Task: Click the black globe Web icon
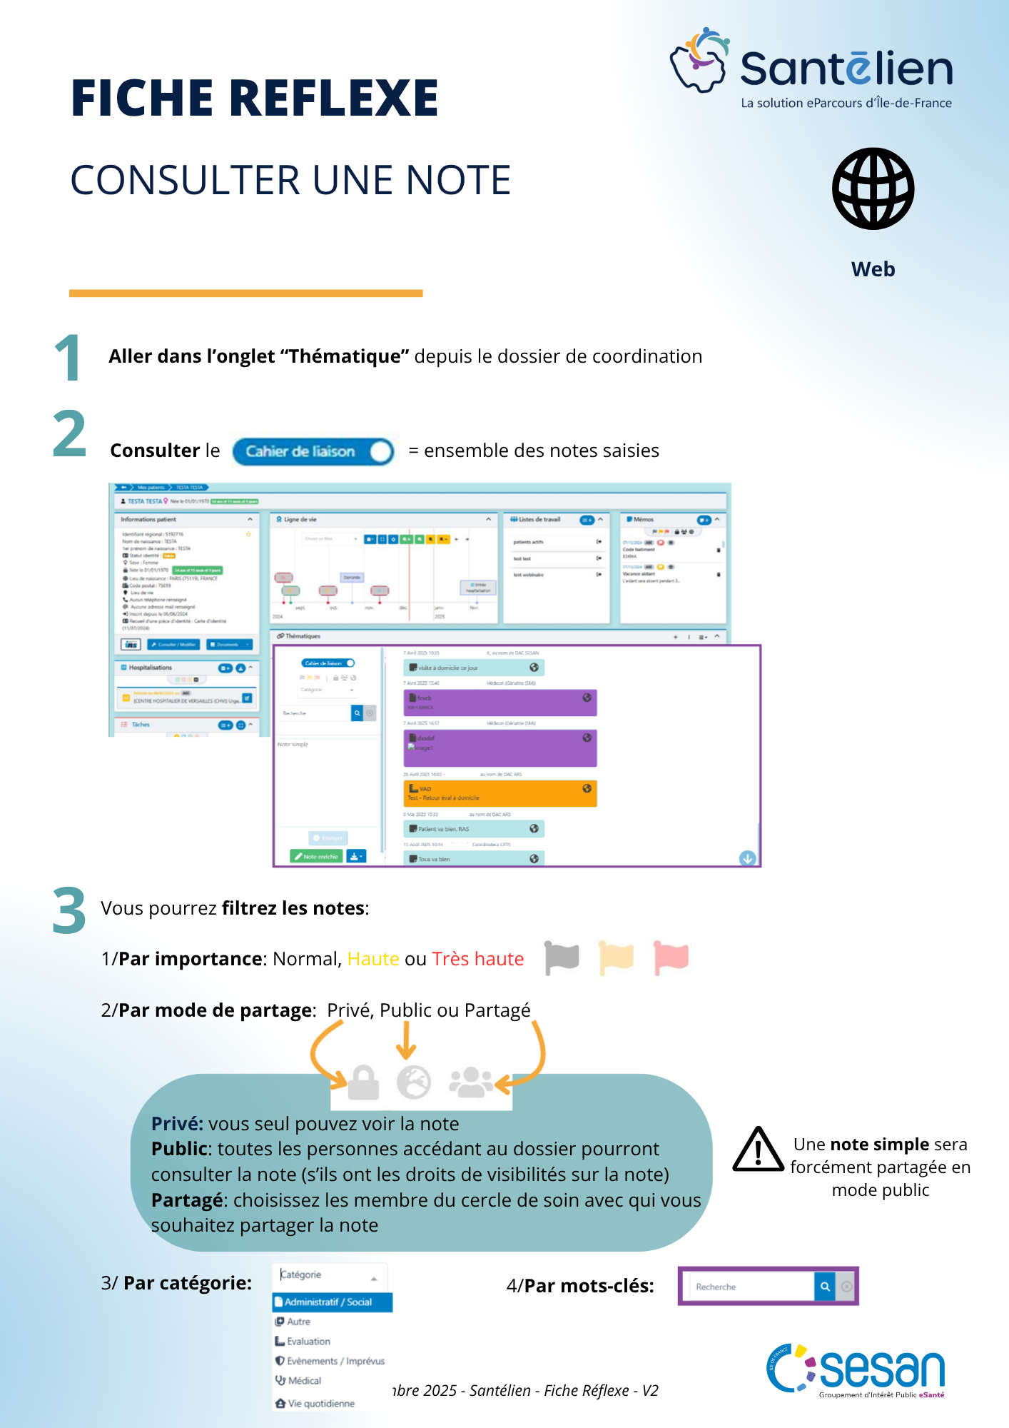tap(873, 188)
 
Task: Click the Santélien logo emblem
tap(699, 61)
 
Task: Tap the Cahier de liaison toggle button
tap(313, 451)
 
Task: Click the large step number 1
tap(69, 358)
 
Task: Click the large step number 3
tap(69, 910)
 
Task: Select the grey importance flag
tap(562, 957)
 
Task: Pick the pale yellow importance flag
tap(617, 957)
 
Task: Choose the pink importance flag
tap(671, 957)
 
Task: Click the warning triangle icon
tap(758, 1150)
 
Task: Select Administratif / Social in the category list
tap(333, 1302)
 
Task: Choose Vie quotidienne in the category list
tap(320, 1404)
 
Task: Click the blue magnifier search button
tap(825, 1287)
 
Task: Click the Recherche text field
tap(749, 1287)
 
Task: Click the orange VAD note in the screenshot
tap(500, 793)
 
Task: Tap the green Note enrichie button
tap(316, 856)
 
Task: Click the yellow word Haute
tap(373, 959)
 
